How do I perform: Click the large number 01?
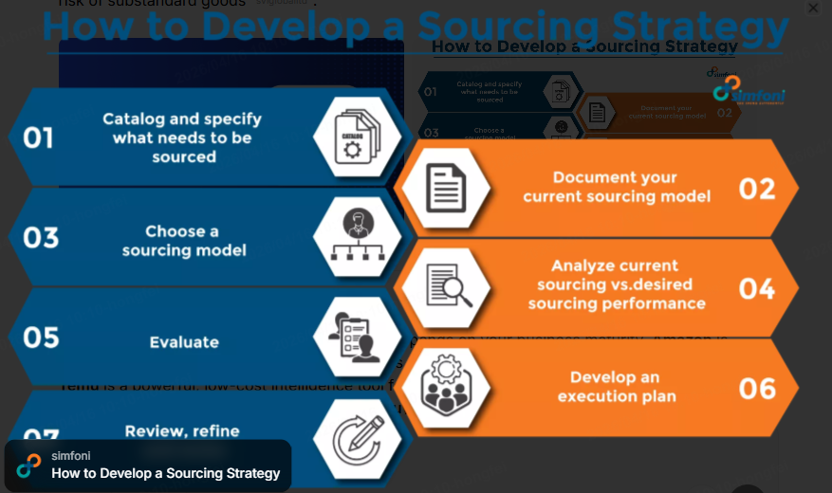(x=39, y=139)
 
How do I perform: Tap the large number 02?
(x=757, y=189)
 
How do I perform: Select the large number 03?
(x=41, y=238)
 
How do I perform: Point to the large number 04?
(x=757, y=288)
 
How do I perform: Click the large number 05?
(x=41, y=338)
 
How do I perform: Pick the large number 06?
(x=757, y=389)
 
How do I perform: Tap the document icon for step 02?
(x=446, y=188)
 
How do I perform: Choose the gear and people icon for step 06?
(x=445, y=387)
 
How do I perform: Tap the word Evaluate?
(x=184, y=342)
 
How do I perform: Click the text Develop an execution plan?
(x=617, y=387)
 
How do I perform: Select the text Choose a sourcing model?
(x=183, y=241)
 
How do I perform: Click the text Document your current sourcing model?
(x=617, y=187)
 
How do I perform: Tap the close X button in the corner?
(x=813, y=9)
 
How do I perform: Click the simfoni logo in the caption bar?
(x=29, y=465)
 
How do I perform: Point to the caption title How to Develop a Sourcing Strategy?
(x=166, y=473)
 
